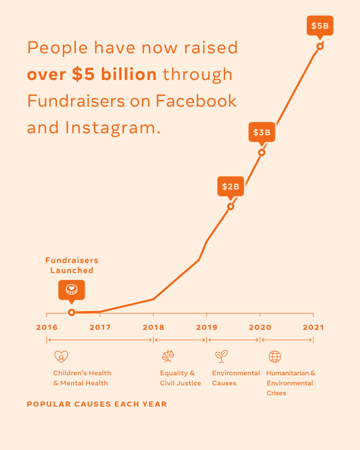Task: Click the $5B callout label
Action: (x=320, y=26)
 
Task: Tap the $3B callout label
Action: (x=262, y=132)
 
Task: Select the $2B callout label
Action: (x=230, y=186)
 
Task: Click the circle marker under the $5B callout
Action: (x=320, y=46)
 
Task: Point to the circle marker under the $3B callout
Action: (x=262, y=152)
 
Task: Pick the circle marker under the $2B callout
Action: (x=230, y=206)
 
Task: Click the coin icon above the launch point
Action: (x=72, y=290)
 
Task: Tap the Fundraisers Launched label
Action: (x=72, y=265)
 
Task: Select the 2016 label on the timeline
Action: (x=47, y=327)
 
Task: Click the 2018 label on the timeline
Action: (x=153, y=327)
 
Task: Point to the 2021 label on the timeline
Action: (x=313, y=327)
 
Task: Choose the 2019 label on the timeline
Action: (x=207, y=327)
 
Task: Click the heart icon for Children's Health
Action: (x=61, y=356)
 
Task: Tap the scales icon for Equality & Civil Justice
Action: (x=168, y=356)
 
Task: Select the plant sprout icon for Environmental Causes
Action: (x=221, y=356)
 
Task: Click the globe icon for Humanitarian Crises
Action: (x=275, y=356)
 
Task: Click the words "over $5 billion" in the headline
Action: (x=91, y=74)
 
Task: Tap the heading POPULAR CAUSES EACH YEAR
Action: (x=97, y=404)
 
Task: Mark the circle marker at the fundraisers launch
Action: (x=72, y=312)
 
